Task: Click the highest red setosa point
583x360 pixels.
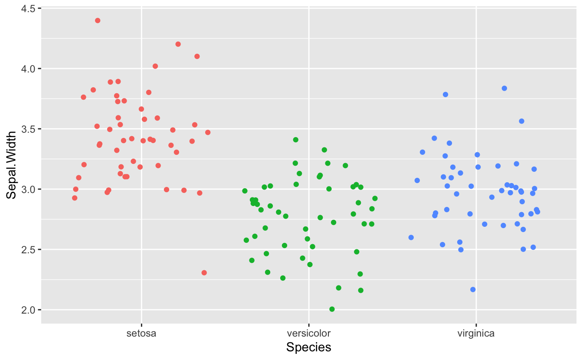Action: point(98,20)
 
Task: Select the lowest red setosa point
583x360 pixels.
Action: point(204,273)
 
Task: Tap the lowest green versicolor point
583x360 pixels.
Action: point(332,309)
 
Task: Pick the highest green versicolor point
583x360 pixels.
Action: point(295,140)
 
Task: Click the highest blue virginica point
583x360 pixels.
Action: point(504,88)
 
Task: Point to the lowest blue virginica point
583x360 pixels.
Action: point(473,290)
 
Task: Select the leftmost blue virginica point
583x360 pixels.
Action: point(411,238)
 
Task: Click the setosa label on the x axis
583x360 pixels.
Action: point(141,334)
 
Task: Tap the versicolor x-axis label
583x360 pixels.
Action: point(309,334)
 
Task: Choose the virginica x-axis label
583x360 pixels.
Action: point(476,334)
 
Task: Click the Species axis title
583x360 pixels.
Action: point(309,347)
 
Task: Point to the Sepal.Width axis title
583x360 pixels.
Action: point(12,165)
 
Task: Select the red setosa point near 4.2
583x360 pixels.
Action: point(178,44)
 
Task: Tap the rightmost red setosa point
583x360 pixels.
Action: point(208,132)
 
